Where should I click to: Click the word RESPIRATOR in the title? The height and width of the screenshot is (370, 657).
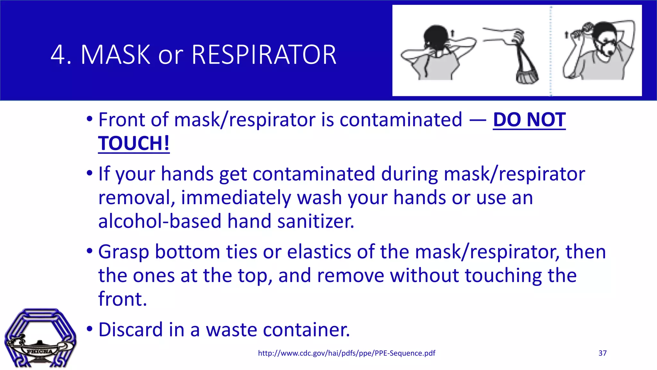(x=264, y=55)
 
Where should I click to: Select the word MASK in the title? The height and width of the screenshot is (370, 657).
(x=115, y=55)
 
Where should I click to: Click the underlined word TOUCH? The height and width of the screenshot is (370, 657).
(x=134, y=143)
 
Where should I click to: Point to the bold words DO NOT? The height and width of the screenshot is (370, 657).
(x=529, y=120)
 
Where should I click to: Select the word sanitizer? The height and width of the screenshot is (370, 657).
(x=316, y=221)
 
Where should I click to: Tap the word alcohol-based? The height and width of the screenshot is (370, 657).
(x=160, y=221)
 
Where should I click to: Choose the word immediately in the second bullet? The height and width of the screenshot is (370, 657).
(x=235, y=198)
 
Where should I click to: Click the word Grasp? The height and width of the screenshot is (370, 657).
(x=124, y=252)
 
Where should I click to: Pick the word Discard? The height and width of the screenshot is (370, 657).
(x=129, y=330)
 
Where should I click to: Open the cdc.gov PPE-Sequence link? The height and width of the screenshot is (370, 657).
(x=346, y=353)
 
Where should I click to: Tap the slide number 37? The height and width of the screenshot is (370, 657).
(x=602, y=353)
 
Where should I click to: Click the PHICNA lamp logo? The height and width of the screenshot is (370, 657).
(x=40, y=339)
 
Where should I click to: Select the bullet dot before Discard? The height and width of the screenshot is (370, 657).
(x=90, y=329)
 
